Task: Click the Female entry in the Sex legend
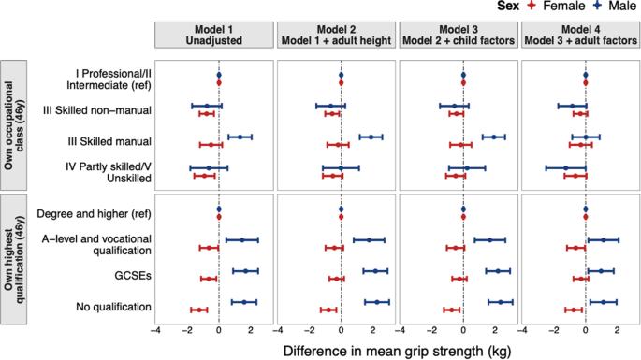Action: tap(546, 7)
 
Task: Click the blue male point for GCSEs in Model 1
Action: tap(245, 271)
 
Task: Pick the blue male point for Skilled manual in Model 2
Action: tap(371, 137)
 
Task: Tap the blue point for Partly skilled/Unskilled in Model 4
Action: tap(565, 168)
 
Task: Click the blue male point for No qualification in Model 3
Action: tap(501, 302)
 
